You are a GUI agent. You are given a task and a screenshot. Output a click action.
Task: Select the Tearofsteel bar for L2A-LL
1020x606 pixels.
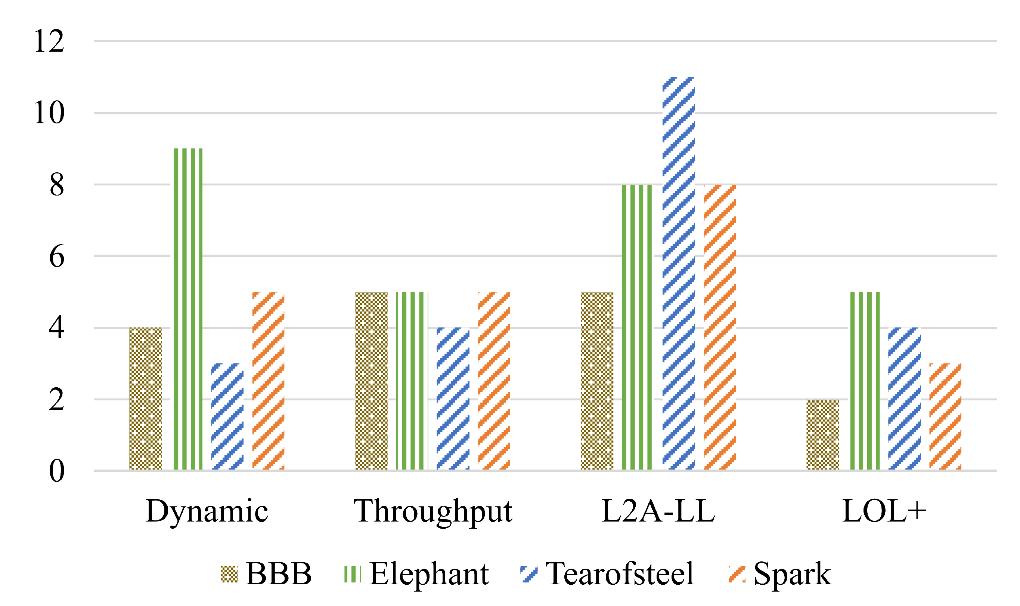679,273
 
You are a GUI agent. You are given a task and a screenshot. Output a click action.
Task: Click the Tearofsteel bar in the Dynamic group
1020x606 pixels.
227,416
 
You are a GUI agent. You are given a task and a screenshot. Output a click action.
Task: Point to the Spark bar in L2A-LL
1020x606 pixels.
720,327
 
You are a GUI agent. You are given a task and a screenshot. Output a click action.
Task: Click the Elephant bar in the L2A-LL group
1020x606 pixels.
637,327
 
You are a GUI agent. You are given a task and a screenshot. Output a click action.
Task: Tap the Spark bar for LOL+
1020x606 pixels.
945,416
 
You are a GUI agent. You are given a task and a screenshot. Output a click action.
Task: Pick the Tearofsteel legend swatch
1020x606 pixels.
529,574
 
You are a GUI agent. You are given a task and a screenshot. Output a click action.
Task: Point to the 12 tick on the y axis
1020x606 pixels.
49,41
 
